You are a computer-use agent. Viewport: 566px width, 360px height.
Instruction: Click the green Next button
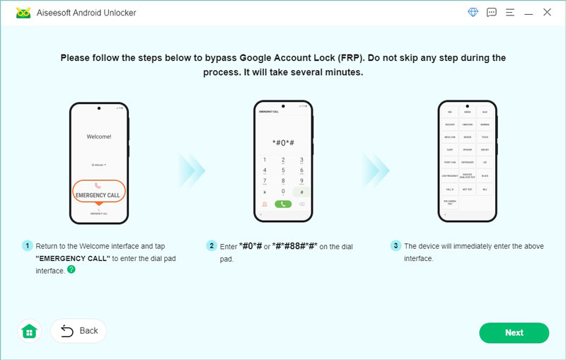point(514,332)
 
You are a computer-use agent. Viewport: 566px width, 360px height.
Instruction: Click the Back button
point(79,330)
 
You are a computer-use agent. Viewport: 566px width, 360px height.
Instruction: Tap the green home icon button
point(30,331)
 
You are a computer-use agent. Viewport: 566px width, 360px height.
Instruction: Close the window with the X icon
point(547,13)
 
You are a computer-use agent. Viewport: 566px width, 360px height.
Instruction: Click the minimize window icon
point(529,13)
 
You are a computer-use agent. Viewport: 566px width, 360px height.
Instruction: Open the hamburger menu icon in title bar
point(510,13)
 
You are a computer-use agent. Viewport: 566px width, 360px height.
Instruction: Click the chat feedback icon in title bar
point(492,13)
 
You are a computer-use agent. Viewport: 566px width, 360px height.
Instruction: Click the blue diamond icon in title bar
point(473,13)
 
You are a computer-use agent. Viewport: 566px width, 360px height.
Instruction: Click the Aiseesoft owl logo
point(23,13)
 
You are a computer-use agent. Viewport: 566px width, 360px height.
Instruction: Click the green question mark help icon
point(71,269)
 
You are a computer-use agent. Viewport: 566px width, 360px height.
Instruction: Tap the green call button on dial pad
point(282,204)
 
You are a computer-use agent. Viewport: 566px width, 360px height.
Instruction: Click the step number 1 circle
point(28,246)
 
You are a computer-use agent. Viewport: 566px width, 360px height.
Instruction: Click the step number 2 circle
point(212,246)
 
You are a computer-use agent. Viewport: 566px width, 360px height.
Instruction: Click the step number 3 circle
point(395,246)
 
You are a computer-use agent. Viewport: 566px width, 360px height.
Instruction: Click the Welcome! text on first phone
point(98,137)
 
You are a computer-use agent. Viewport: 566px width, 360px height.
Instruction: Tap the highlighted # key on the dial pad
point(301,192)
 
